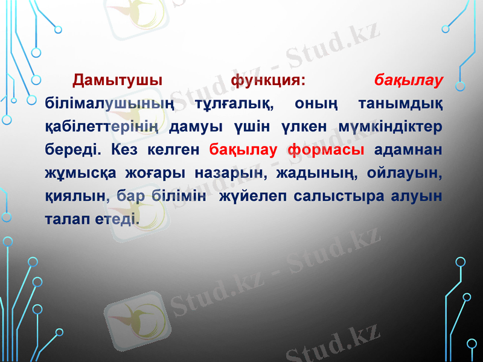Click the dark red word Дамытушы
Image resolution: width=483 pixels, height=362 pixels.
117,80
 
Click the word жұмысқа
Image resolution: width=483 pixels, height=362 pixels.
80,173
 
